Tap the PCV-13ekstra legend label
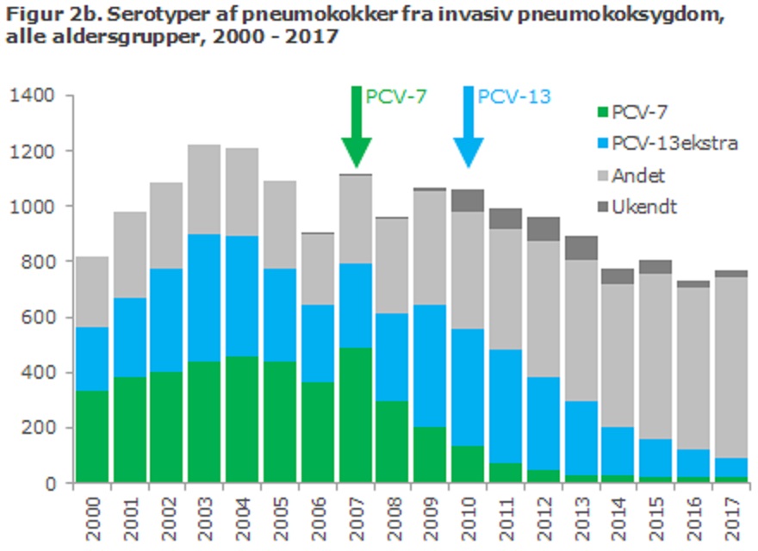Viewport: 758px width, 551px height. pyautogui.click(x=674, y=143)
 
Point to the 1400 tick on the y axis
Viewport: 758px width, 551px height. pyautogui.click(x=32, y=96)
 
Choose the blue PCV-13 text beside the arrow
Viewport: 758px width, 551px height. pyautogui.click(x=514, y=96)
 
